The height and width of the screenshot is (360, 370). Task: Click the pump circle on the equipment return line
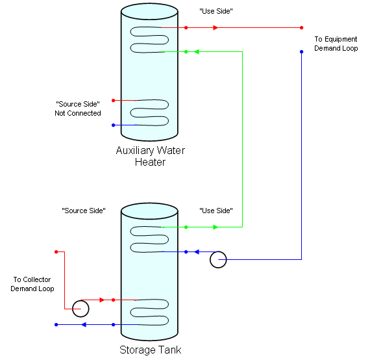tap(218, 260)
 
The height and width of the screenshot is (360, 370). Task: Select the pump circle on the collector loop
tap(80, 308)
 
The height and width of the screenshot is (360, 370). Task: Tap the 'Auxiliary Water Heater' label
tap(150, 156)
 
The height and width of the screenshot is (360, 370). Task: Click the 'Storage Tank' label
tap(151, 350)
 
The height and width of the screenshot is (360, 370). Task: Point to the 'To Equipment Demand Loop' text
tap(336, 44)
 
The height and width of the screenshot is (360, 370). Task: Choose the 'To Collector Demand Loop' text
tap(32, 284)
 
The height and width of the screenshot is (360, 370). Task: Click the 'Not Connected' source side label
tap(78, 109)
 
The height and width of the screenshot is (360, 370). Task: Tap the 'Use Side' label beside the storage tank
tap(216, 211)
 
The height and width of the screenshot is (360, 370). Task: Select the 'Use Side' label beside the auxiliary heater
tap(216, 12)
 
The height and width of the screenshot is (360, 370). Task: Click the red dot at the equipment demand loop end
tap(302, 27)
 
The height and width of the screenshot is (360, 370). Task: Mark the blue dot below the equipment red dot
tap(302, 51)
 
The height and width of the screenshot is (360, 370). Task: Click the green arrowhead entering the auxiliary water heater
tap(198, 51)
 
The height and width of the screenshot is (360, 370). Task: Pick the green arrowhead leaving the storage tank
tap(216, 227)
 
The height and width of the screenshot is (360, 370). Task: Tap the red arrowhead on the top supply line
tap(216, 27)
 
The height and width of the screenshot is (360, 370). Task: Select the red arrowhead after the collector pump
tap(101, 300)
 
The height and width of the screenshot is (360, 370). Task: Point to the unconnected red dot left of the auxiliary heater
tap(113, 100)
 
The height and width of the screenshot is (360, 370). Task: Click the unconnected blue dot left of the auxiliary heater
tap(113, 125)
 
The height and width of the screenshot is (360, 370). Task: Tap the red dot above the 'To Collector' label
tap(56, 251)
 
